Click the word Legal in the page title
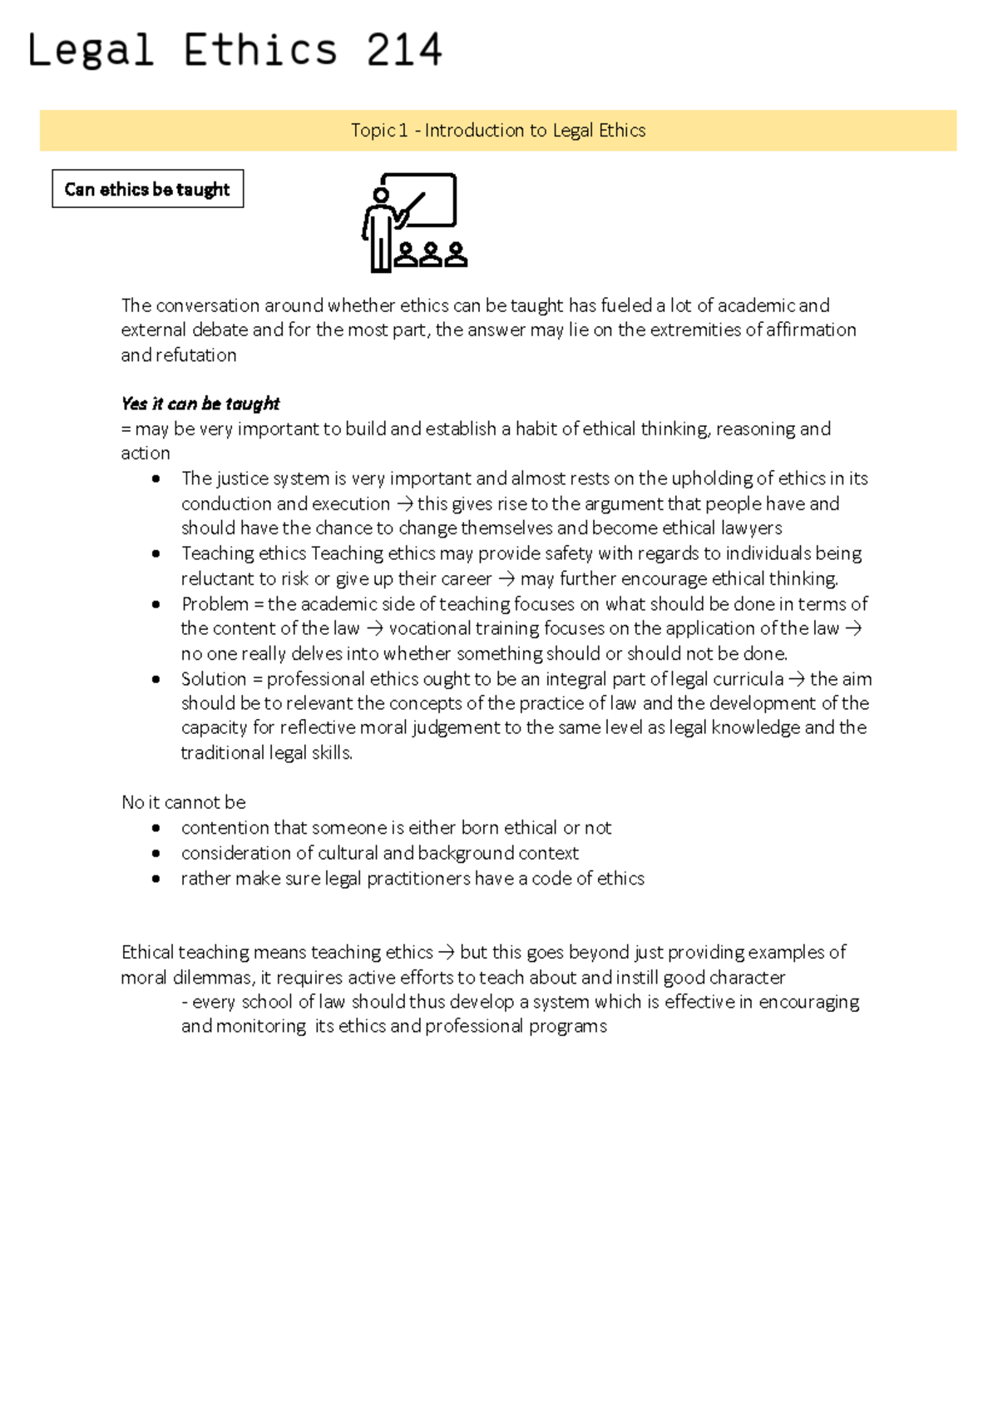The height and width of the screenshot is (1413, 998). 91,50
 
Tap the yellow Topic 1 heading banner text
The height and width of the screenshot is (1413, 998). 498,131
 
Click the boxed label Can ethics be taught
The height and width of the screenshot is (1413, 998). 147,190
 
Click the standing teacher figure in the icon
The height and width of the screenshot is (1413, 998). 379,229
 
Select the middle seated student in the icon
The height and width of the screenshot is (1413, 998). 431,254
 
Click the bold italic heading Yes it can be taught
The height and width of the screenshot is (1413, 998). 200,404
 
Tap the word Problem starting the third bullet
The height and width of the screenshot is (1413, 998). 215,604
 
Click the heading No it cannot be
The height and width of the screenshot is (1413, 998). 184,803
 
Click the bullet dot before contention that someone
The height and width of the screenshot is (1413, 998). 156,829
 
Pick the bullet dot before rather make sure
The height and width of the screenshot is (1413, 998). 156,879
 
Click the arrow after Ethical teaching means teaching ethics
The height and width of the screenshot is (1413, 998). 446,953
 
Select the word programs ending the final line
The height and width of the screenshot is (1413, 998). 572,1027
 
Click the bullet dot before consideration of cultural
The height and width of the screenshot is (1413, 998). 156,854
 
